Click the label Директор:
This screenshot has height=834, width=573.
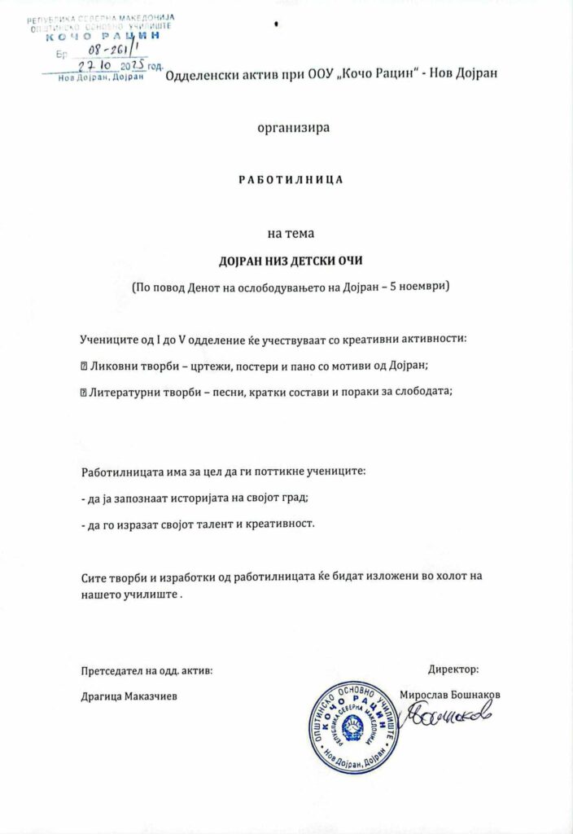[x=453, y=669]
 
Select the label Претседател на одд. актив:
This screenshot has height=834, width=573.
[x=147, y=670]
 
